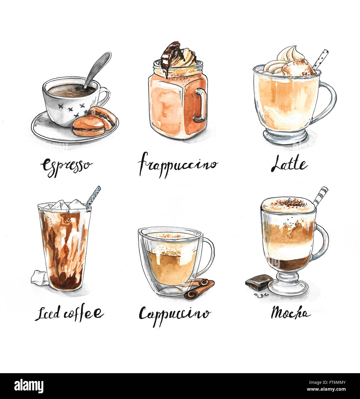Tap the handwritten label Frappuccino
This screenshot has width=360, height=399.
[178, 165]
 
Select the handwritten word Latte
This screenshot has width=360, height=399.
[289, 164]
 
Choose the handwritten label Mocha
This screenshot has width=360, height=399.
[291, 312]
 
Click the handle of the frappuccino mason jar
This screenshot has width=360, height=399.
[201, 105]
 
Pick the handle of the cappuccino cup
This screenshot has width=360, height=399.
[208, 255]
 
